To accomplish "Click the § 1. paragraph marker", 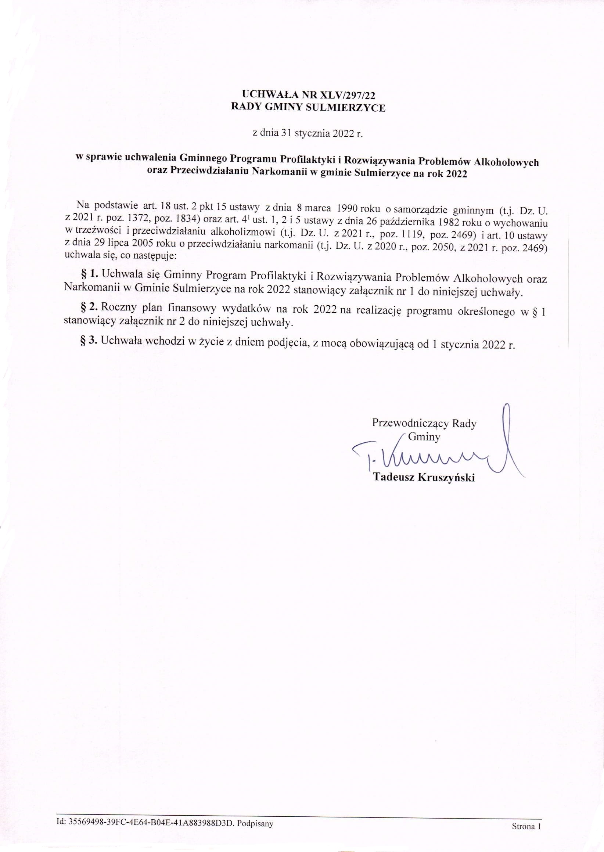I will pyautogui.click(x=89, y=274).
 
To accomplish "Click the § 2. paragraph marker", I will pyautogui.click(x=89, y=307).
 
